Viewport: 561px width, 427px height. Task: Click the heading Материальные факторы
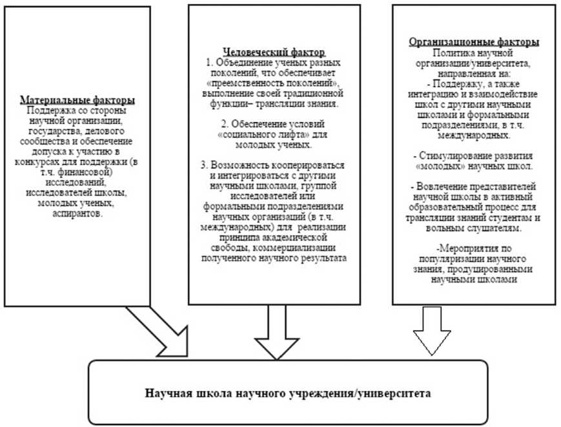click(x=77, y=101)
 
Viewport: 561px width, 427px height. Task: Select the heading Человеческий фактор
click(x=274, y=52)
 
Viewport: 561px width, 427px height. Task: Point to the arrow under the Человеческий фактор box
click(x=274, y=333)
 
